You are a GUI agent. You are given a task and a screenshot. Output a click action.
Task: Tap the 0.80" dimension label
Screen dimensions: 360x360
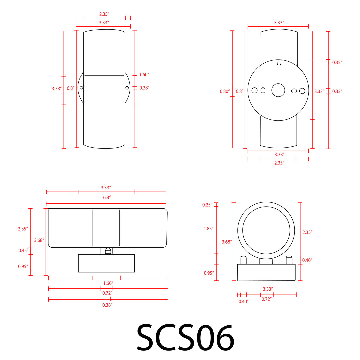click(225, 91)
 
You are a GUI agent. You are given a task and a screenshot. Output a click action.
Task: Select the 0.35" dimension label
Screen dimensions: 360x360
click(337, 62)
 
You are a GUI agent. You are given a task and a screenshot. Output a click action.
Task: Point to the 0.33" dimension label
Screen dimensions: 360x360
click(337, 91)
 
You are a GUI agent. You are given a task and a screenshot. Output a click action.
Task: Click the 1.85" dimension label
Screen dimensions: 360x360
click(208, 229)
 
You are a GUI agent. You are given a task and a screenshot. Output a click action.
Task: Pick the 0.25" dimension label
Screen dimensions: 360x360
click(207, 205)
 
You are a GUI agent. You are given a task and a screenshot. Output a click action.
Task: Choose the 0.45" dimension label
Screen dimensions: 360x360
click(23, 251)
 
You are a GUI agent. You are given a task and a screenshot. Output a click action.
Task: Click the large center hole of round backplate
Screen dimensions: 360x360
click(278, 90)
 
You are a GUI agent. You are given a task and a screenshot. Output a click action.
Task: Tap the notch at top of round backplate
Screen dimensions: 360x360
click(279, 62)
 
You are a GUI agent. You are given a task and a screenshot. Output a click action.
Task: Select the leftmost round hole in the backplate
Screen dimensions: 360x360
click(255, 90)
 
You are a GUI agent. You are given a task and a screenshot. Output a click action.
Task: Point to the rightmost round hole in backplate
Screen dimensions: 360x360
click(302, 91)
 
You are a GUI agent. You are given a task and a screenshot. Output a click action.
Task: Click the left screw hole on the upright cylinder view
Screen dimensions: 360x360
click(81, 88)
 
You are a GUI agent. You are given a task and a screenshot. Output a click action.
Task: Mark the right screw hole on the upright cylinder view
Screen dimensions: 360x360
click(127, 88)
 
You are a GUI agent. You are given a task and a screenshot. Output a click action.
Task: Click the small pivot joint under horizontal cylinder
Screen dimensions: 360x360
click(108, 251)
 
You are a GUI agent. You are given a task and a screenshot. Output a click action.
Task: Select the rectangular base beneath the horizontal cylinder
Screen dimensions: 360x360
click(106, 263)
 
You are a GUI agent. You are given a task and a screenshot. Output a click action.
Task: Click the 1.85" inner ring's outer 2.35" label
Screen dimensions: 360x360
click(307, 232)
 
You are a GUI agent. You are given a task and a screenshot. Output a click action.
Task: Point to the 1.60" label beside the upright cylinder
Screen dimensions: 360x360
click(144, 75)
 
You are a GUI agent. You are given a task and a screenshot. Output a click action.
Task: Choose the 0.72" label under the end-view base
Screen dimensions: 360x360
click(266, 299)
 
